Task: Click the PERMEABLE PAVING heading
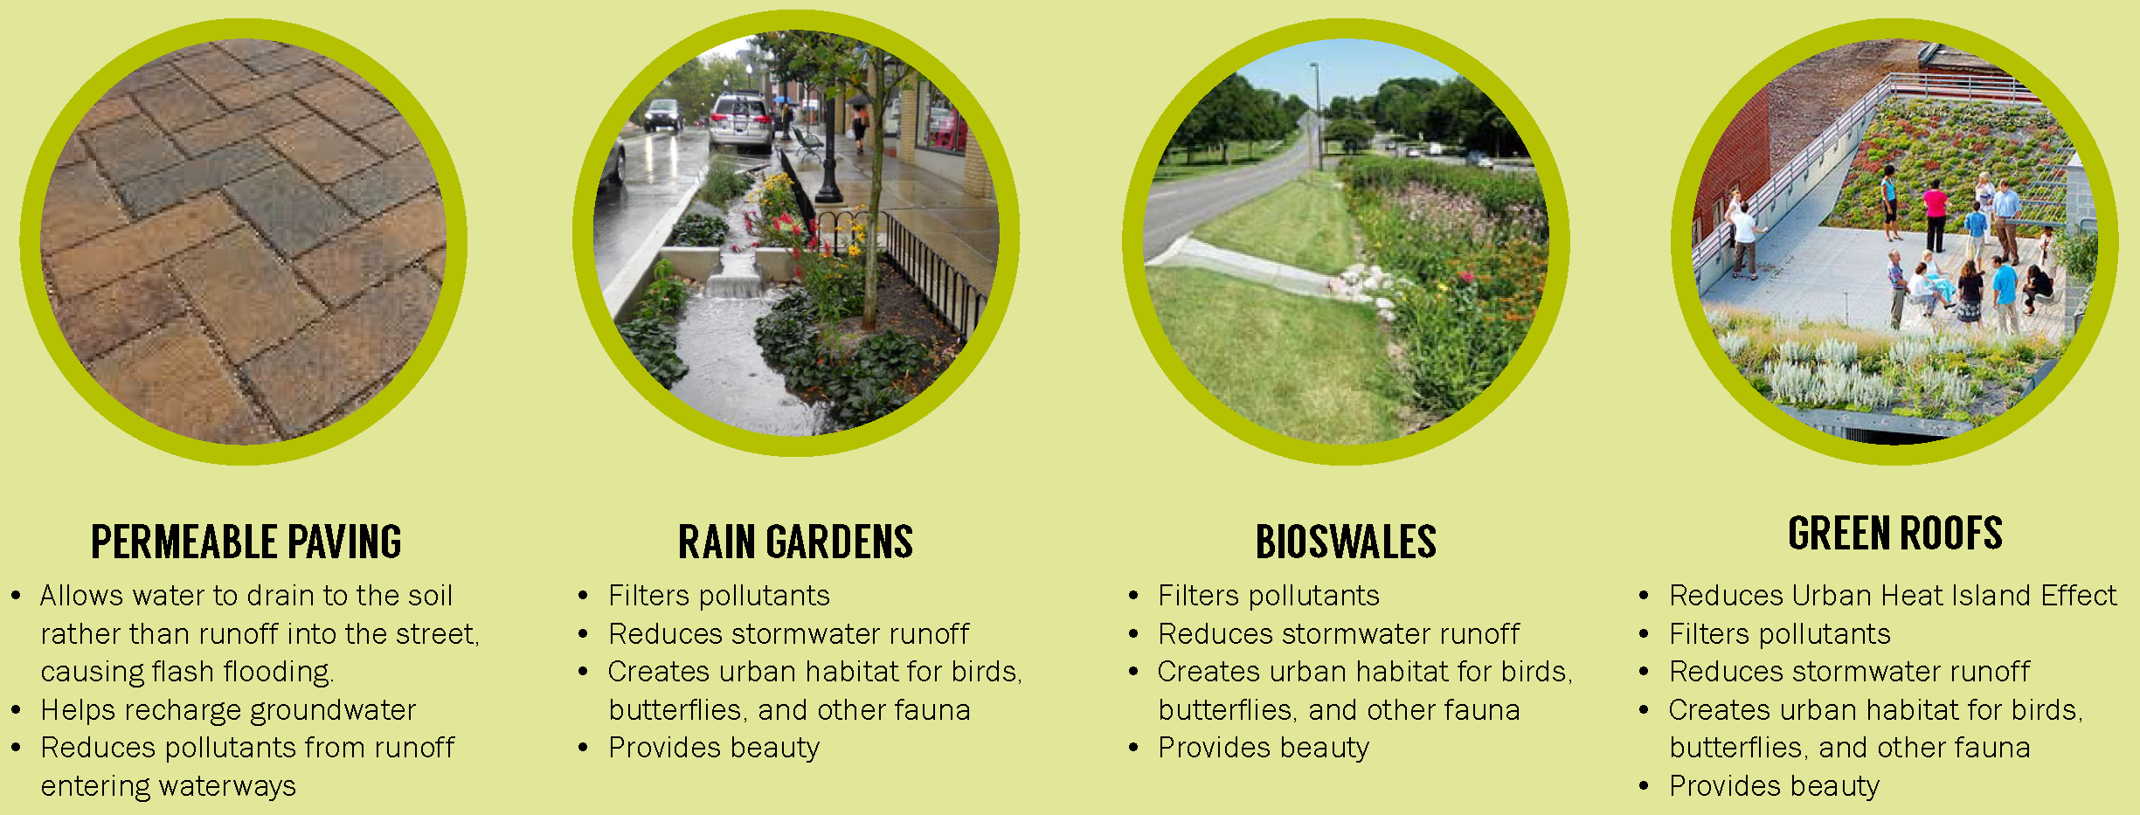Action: coord(246,542)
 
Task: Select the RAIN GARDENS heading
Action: coord(795,542)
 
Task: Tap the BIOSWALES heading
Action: coord(1346,542)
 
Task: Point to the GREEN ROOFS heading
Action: coord(1894,533)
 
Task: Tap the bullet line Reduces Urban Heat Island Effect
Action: coord(1892,596)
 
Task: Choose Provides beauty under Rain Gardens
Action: coord(714,748)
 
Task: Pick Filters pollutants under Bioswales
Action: coord(1268,596)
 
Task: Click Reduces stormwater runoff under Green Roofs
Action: coord(1848,672)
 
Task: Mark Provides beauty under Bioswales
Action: coord(1264,748)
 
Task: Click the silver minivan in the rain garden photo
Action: coord(739,120)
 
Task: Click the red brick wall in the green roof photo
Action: coord(1730,157)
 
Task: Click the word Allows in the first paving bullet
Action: coord(81,596)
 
